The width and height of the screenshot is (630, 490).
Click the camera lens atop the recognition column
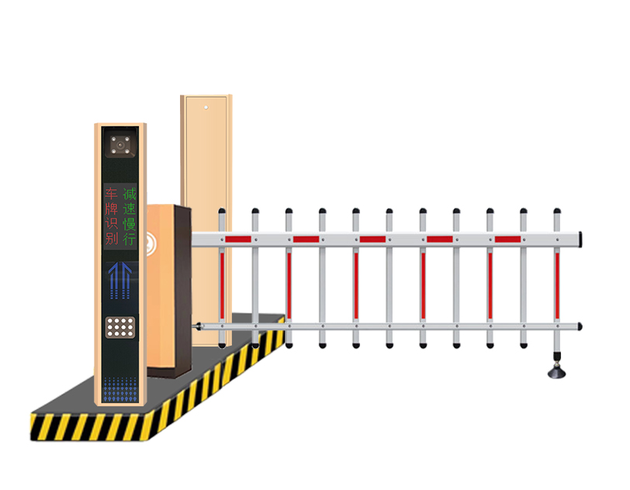[x=120, y=144]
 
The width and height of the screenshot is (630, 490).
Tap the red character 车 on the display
[x=111, y=194]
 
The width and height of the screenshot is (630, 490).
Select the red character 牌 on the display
[x=111, y=209]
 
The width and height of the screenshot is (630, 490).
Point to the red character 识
[x=111, y=223]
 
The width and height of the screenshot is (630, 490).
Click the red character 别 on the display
[x=111, y=238]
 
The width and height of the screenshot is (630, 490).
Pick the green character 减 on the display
[x=130, y=194]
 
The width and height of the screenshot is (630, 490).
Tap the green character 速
[x=130, y=209]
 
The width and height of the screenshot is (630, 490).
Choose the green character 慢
[x=130, y=223]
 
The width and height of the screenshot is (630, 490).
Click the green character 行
[x=130, y=238]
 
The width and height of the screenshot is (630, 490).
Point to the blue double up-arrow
[x=119, y=281]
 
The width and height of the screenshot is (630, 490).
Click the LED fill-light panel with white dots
[x=120, y=327]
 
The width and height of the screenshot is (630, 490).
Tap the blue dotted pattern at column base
[x=120, y=389]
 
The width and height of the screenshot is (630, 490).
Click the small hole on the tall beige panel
[x=206, y=108]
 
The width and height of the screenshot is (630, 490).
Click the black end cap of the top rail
[x=580, y=240]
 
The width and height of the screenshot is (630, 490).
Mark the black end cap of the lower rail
[x=580, y=326]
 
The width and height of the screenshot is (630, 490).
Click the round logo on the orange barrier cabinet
[x=151, y=243]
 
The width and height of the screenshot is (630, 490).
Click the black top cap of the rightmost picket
[x=557, y=211]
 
